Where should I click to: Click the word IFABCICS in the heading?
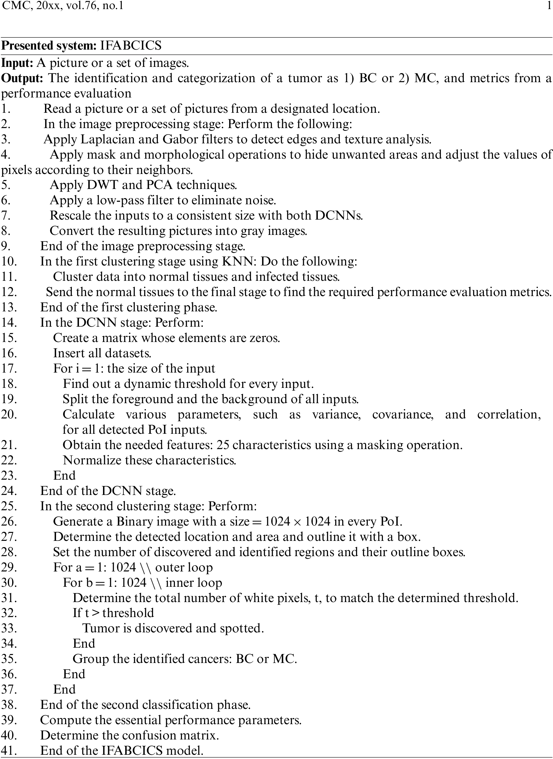coord(130,46)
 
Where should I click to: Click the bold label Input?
coord(18,63)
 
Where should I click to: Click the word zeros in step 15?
coord(263,338)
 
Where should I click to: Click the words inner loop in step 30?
coord(194,583)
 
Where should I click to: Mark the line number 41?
coord(9,751)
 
